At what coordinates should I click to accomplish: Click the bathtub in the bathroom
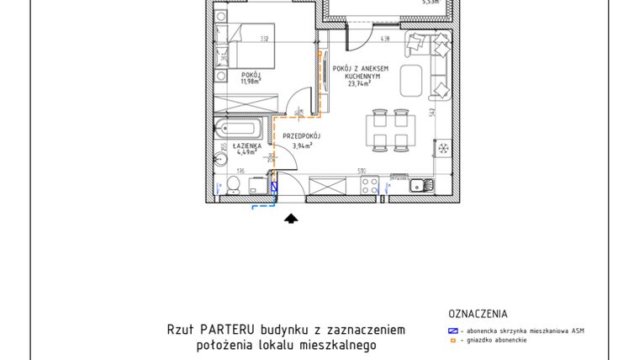tap(239, 130)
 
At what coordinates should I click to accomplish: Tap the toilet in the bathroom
tap(231, 188)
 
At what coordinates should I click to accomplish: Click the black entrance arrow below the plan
tap(291, 220)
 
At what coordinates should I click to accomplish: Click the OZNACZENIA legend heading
tap(478, 315)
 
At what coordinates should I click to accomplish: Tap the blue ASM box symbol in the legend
tap(452, 331)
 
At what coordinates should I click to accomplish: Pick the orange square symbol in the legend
tap(452, 341)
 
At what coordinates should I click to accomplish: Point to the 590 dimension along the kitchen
tap(362, 172)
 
